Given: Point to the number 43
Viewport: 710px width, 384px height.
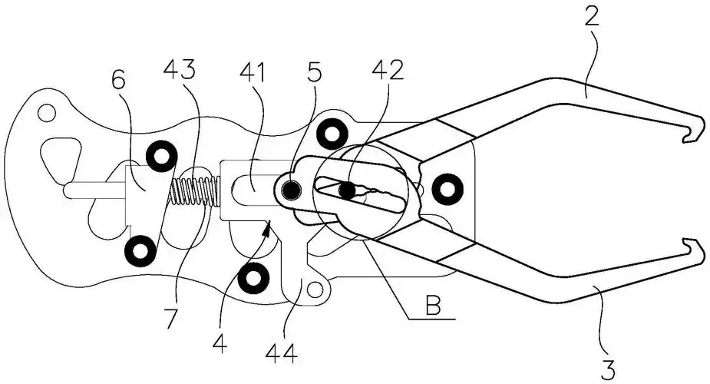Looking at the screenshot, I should pyautogui.click(x=179, y=71).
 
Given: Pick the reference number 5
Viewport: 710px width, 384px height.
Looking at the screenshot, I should pyautogui.click(x=314, y=73).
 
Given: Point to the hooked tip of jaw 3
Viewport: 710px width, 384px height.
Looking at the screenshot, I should pyautogui.click(x=695, y=253).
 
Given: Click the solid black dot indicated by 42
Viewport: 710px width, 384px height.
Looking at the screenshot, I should pyautogui.click(x=348, y=190).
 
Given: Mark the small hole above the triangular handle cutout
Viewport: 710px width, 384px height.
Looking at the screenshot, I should pyautogui.click(x=47, y=114).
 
